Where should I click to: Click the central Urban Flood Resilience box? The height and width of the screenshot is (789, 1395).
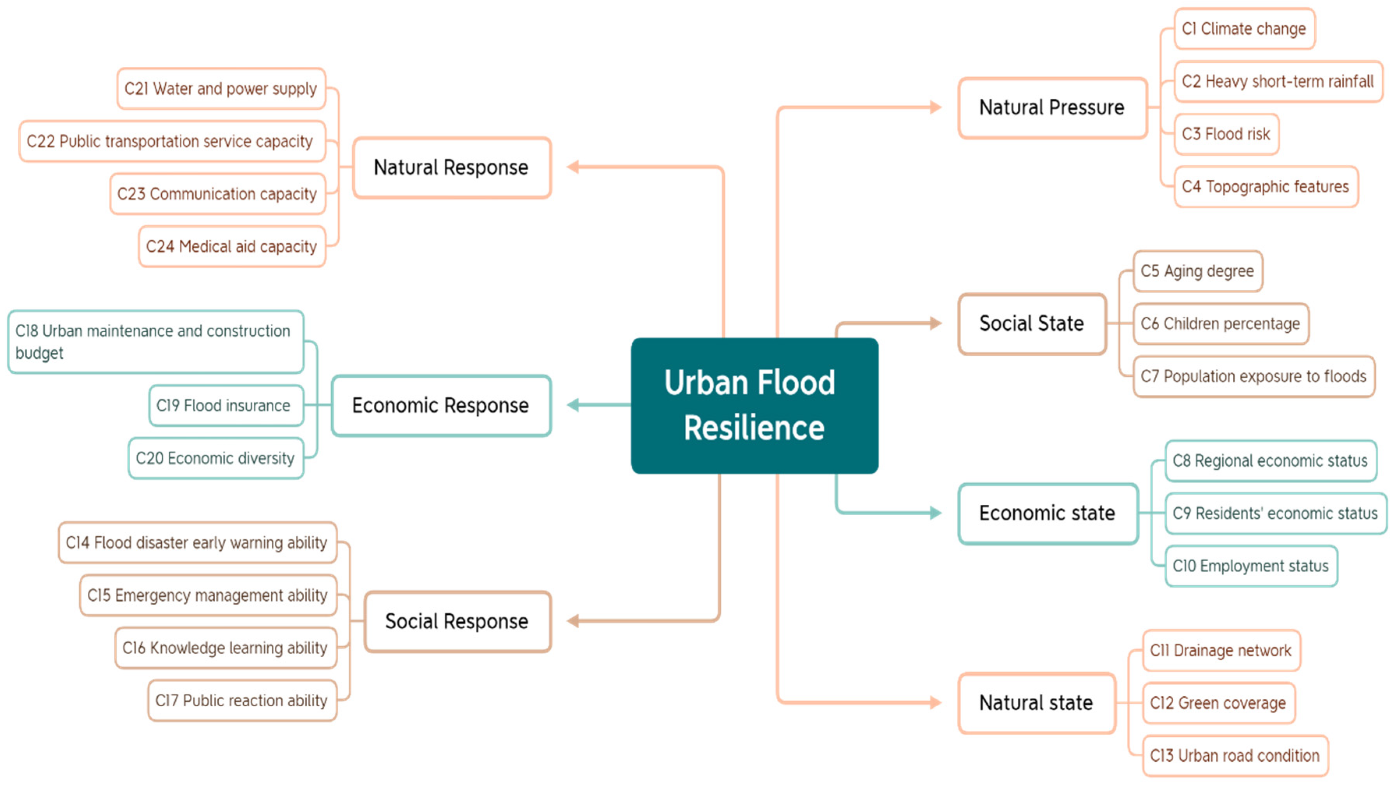[x=754, y=405]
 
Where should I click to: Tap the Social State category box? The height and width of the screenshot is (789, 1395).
[x=1032, y=323]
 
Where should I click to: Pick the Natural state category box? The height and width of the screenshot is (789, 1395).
[x=1036, y=703]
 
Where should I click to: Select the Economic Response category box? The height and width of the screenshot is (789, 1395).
[x=441, y=405]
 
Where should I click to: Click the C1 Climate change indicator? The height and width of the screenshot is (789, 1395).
[x=1244, y=29]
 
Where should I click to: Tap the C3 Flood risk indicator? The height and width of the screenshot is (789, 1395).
[x=1226, y=134]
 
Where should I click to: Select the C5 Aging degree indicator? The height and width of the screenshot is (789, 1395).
[x=1197, y=271]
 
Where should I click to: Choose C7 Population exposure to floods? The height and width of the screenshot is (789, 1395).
[x=1254, y=376]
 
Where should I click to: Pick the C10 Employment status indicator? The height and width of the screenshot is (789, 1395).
[x=1251, y=566]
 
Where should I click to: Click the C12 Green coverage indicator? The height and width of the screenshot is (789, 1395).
[x=1218, y=703]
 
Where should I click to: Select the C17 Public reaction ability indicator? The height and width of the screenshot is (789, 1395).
[x=242, y=701]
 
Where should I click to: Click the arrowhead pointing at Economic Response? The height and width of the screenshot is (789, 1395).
[x=573, y=405]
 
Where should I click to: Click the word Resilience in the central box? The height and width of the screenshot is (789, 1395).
[x=754, y=428]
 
